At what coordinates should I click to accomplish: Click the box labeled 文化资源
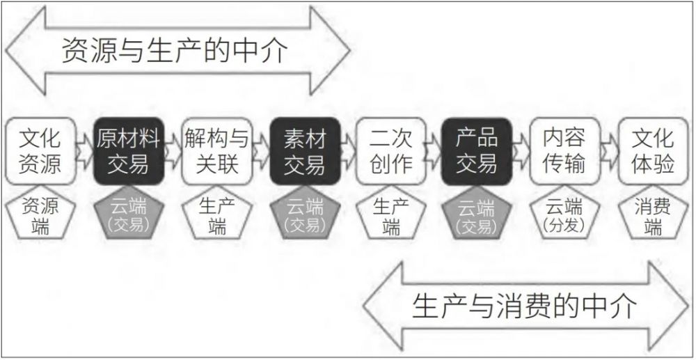40,151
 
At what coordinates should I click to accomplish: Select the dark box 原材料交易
129,151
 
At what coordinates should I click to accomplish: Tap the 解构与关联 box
216,151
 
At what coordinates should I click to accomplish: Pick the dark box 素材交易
305,151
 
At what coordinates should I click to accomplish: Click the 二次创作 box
391,151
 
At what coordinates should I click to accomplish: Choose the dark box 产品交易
477,151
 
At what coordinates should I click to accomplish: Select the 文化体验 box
654,151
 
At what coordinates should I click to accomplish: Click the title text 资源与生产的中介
175,50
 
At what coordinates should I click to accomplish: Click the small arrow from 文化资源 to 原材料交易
85,151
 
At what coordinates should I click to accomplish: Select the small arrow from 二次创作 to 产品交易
434,151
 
